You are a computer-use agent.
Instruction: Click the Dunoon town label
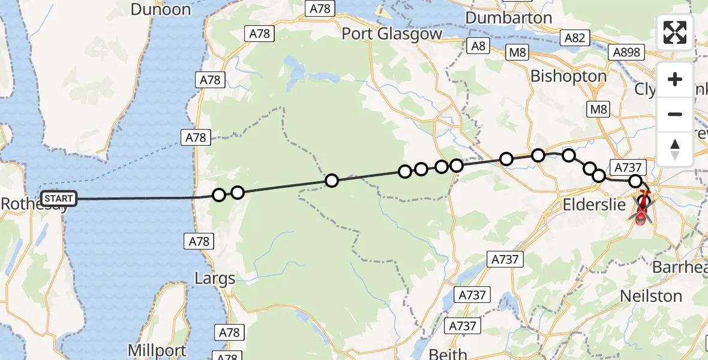click(160, 10)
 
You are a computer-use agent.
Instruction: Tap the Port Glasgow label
click(392, 34)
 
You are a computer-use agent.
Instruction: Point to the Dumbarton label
click(508, 18)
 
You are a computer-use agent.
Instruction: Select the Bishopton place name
click(568, 76)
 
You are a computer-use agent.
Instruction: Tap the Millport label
click(151, 349)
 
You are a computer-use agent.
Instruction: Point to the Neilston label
click(651, 296)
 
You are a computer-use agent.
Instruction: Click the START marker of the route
click(59, 199)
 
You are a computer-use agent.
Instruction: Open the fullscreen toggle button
click(675, 32)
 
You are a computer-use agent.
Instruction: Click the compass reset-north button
click(675, 148)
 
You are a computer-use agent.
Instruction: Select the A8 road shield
click(478, 46)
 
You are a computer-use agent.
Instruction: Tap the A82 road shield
click(574, 38)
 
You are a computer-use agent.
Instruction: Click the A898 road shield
click(626, 52)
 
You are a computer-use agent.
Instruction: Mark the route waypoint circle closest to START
click(219, 195)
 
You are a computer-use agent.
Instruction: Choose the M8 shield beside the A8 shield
click(517, 53)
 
